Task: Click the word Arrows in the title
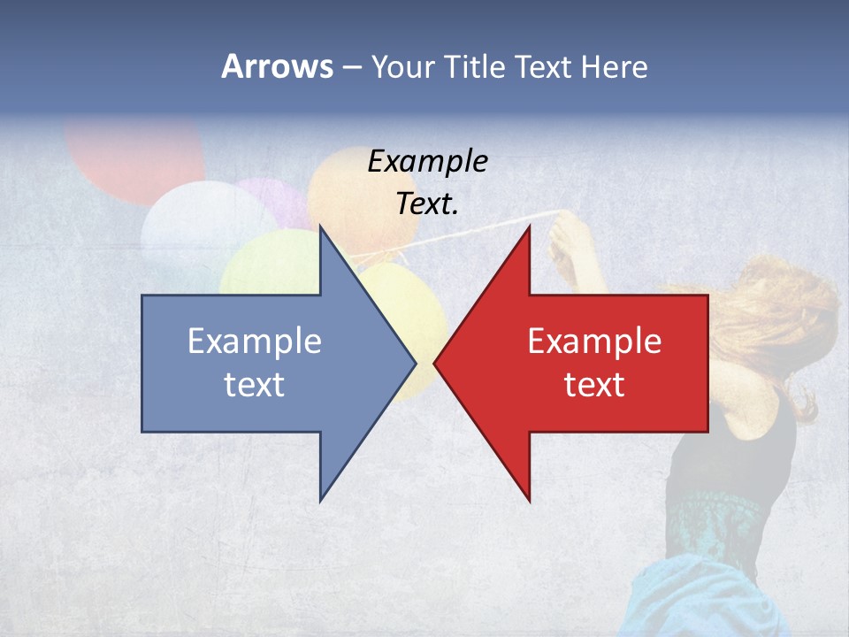click(x=277, y=66)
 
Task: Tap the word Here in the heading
click(x=613, y=66)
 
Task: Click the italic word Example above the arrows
click(x=427, y=161)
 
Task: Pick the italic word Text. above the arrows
click(x=427, y=203)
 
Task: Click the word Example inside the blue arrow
click(x=254, y=341)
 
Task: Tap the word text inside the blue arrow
click(x=254, y=384)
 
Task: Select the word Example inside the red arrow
click(x=594, y=341)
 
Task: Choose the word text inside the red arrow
click(x=594, y=384)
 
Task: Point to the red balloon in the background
click(x=133, y=155)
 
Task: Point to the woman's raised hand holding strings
click(x=566, y=239)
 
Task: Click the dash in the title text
click(x=351, y=67)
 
